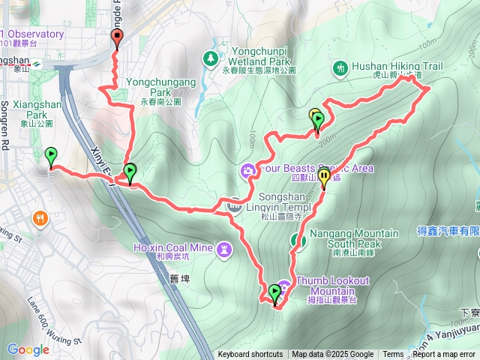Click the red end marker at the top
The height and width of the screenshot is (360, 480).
(x=116, y=40)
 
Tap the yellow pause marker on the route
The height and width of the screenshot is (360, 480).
(x=324, y=177)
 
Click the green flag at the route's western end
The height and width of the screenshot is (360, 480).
(x=51, y=156)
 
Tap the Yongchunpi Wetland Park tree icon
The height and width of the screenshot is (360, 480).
(x=211, y=57)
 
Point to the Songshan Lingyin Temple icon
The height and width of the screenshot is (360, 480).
(x=234, y=202)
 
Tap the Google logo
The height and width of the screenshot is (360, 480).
(x=28, y=349)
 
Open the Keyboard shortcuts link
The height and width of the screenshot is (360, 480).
(x=250, y=355)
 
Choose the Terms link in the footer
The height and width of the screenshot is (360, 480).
(x=393, y=355)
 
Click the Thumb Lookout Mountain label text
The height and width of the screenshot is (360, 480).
(x=333, y=286)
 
